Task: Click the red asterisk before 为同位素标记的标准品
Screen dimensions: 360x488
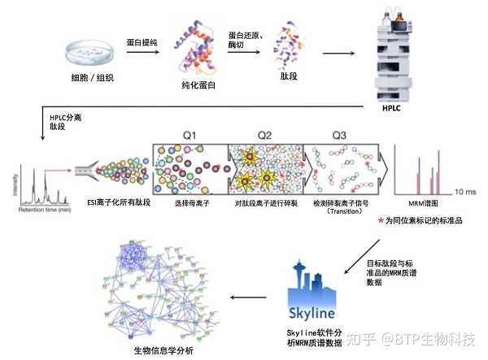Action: point(381,220)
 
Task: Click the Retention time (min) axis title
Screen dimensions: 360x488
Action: point(35,209)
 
